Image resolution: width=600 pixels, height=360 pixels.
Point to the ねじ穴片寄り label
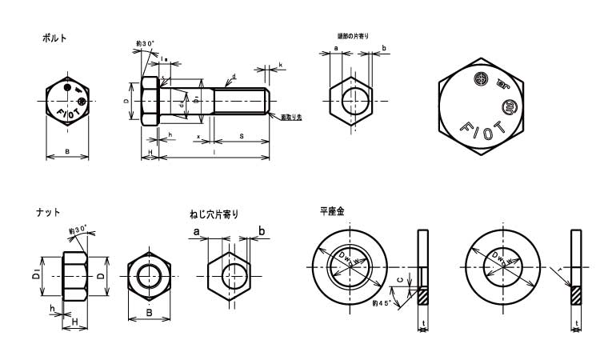(x=214, y=214)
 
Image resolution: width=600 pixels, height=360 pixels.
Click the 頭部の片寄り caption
(x=353, y=36)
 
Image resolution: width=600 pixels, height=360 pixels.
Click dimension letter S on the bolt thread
(x=241, y=137)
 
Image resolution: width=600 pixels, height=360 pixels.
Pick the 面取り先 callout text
(x=291, y=117)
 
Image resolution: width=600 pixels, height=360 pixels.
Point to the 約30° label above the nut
(x=78, y=230)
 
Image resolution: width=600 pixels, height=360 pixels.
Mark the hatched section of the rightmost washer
(x=576, y=295)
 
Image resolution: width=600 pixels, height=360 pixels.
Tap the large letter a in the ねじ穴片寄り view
(x=195, y=232)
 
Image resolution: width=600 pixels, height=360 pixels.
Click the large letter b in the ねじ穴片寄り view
(x=261, y=232)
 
